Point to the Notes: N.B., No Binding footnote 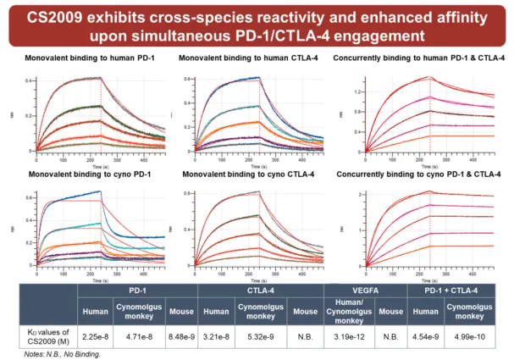61,353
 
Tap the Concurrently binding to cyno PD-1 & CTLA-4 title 420,174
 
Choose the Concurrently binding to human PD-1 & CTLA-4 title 420,58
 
